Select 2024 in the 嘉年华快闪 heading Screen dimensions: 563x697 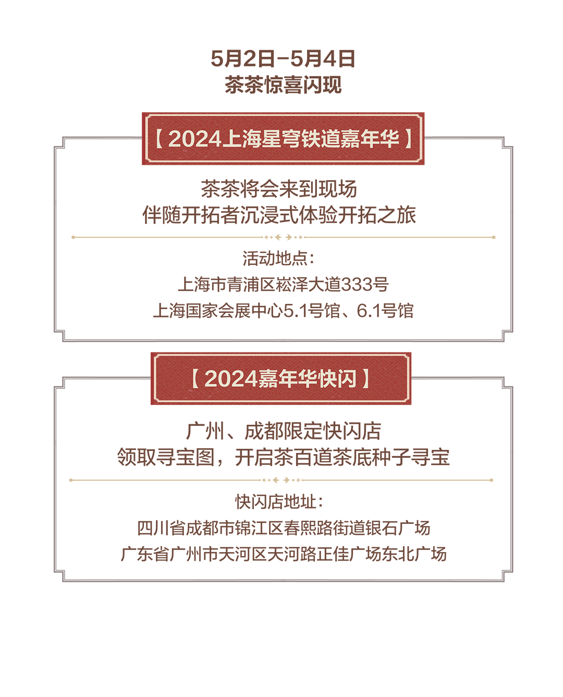pyautogui.click(x=231, y=378)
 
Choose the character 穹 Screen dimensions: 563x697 pyautogui.click(x=290, y=139)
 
